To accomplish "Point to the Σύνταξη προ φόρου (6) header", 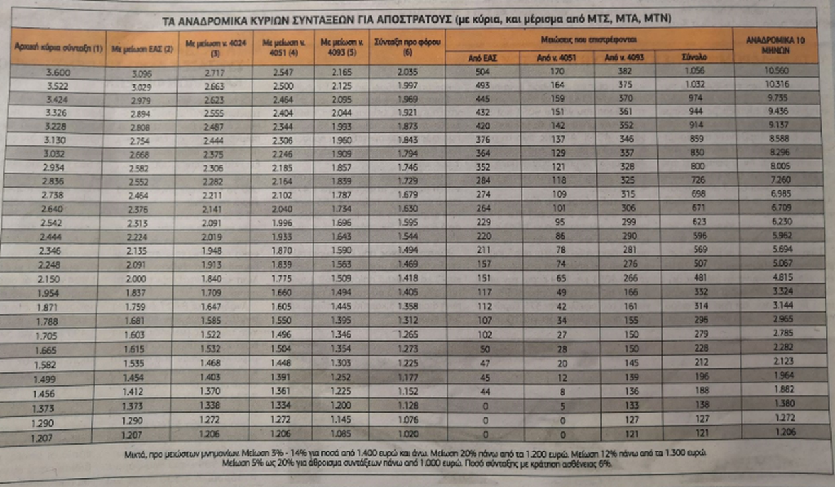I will coord(406,46).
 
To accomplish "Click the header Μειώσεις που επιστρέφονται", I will coord(589,40).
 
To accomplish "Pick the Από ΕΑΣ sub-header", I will coord(482,58).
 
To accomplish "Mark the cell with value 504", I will coord(482,71).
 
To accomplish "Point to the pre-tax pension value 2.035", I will coord(406,71).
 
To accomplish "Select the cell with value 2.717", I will coord(215,71).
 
